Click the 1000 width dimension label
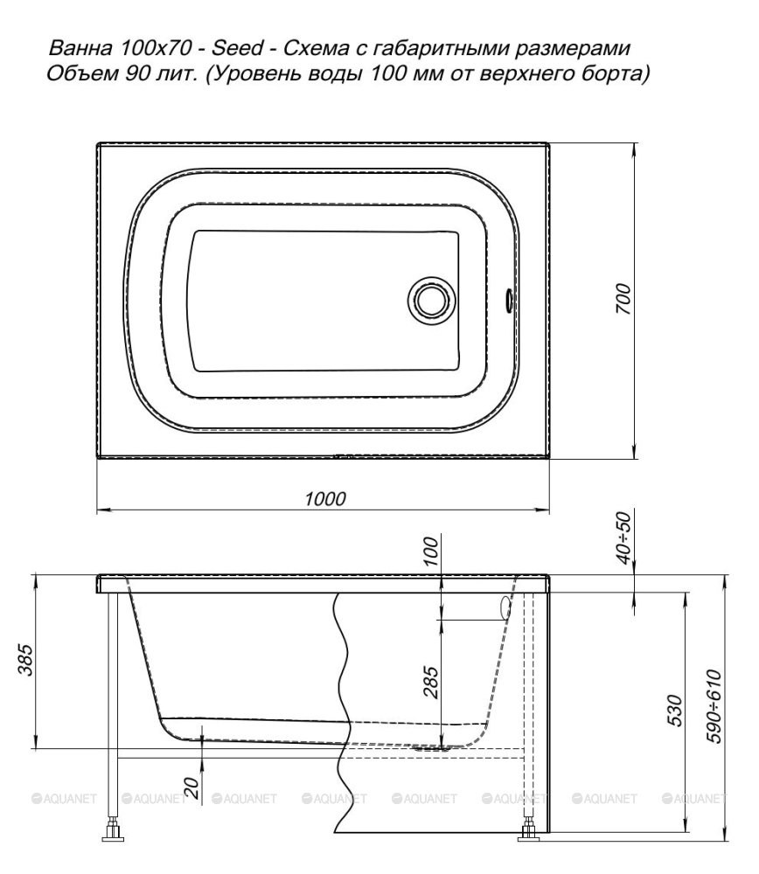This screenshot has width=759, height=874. (325, 498)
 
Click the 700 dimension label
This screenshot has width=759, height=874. (623, 299)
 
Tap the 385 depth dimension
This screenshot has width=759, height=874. (26, 660)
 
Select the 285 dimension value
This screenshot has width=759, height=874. (431, 683)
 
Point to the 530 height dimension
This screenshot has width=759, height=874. (674, 711)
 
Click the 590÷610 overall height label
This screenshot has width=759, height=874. (714, 707)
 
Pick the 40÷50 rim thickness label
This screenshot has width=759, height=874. (625, 538)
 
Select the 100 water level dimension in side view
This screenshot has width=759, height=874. (431, 551)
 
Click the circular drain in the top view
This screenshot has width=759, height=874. (430, 301)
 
